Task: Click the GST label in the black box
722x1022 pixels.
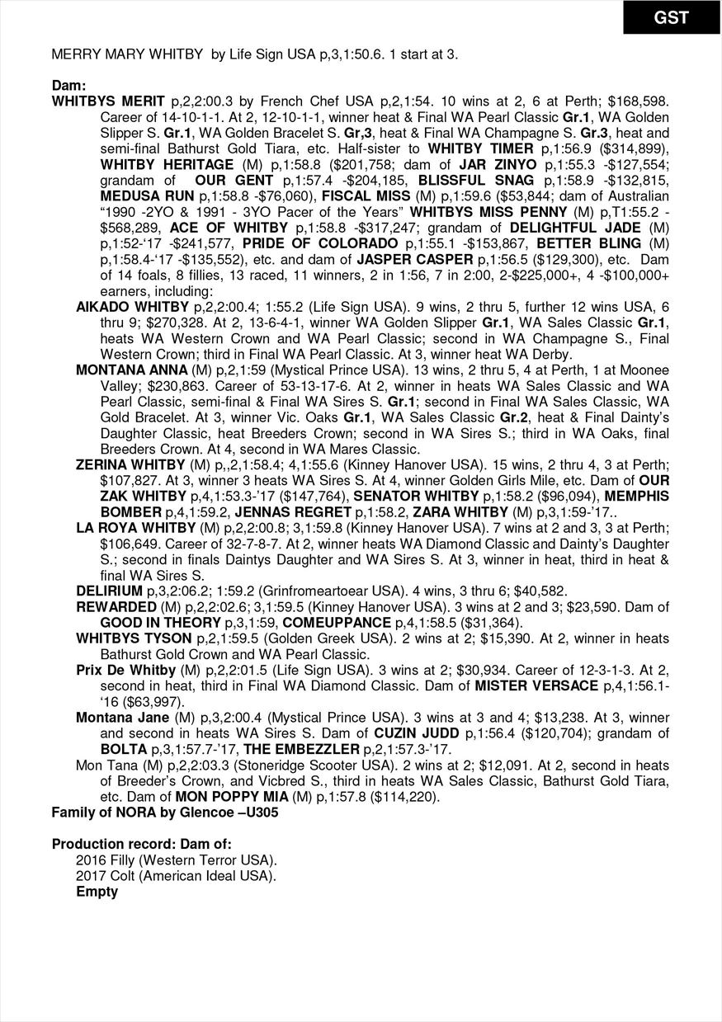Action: (x=671, y=17)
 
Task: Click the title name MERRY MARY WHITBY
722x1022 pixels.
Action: (x=127, y=54)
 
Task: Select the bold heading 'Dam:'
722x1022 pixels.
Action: (x=69, y=86)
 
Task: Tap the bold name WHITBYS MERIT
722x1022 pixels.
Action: (x=108, y=101)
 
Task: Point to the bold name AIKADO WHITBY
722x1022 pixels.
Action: (x=121, y=306)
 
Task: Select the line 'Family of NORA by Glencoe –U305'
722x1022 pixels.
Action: (x=165, y=812)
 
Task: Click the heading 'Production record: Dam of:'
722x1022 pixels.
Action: (x=142, y=844)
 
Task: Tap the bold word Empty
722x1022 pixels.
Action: (x=97, y=892)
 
